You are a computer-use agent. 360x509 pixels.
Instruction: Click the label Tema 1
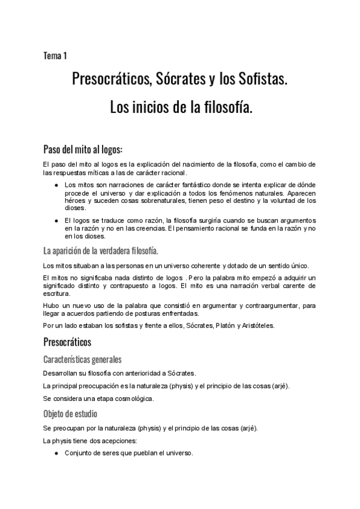pos(55,56)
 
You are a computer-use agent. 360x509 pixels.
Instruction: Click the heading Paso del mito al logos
pos(83,149)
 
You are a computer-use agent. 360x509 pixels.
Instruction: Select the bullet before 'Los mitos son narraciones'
pos(56,185)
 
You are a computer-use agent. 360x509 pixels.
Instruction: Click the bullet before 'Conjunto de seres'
pos(56,454)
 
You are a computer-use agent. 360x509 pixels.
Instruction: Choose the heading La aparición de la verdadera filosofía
pos(101,250)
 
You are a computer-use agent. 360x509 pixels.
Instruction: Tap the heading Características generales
pos(83,360)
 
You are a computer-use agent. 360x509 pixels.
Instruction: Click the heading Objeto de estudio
pos(71,414)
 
